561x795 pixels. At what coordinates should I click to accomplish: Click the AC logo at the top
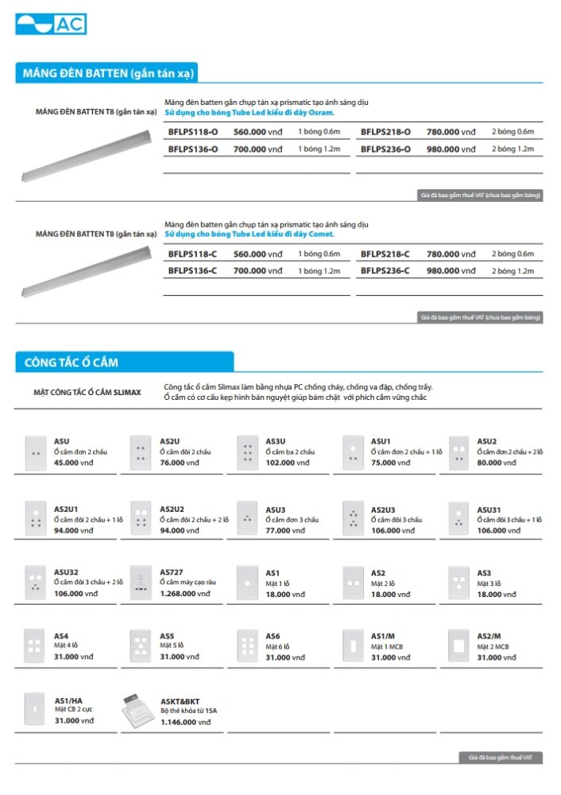click(x=51, y=24)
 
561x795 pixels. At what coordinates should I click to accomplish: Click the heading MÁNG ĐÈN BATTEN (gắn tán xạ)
click(x=106, y=74)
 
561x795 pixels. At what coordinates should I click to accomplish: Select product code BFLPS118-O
click(x=193, y=132)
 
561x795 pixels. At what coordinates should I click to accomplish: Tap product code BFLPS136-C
click(x=193, y=271)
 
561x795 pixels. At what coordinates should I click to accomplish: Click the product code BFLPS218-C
click(x=385, y=254)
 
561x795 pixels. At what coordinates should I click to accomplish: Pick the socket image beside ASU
click(x=36, y=452)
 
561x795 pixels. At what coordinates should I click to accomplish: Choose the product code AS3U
click(x=276, y=441)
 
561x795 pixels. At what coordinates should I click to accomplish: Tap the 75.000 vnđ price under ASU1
click(x=388, y=463)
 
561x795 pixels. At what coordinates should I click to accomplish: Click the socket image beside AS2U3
click(x=353, y=518)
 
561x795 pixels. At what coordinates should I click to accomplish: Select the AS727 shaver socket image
click(x=141, y=583)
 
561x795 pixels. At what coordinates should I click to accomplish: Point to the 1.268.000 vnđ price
click(x=185, y=594)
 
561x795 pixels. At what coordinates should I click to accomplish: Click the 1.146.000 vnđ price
click(x=185, y=723)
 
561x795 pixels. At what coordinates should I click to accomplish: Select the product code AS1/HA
click(x=68, y=701)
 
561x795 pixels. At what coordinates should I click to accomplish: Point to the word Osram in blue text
click(x=321, y=113)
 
